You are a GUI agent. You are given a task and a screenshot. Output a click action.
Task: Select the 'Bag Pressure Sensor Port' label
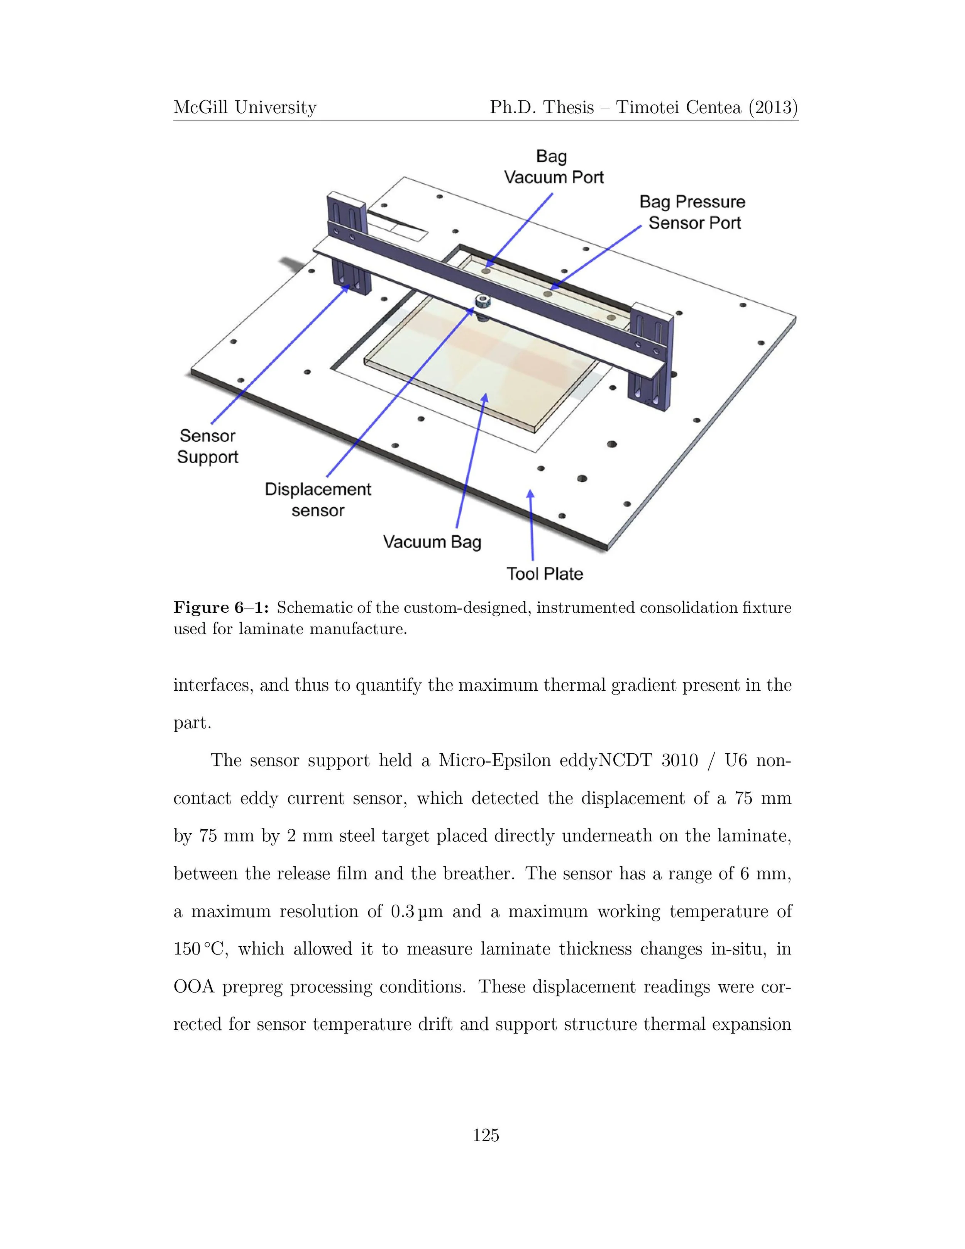tap(693, 212)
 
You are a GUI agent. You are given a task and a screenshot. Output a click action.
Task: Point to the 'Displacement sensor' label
tap(318, 499)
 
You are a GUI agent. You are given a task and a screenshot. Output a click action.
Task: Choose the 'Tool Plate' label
tap(544, 574)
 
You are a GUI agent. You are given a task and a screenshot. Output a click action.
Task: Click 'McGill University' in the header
tap(245, 107)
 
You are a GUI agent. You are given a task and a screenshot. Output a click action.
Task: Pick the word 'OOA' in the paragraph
tap(193, 987)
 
